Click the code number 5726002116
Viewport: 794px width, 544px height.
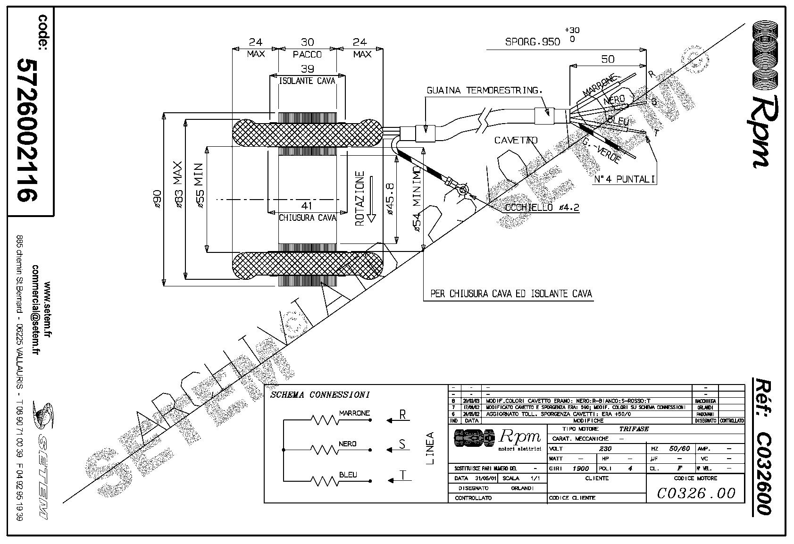click(27, 130)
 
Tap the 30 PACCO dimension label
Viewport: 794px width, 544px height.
click(307, 48)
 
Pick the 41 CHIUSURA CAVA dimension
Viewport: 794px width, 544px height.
click(307, 211)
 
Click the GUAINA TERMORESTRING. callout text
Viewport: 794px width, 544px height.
click(484, 90)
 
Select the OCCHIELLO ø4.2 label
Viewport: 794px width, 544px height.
click(541, 208)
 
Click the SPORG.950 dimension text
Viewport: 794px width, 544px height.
click(533, 42)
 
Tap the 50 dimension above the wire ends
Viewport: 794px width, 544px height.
click(608, 59)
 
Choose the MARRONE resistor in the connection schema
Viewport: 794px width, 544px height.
click(325, 419)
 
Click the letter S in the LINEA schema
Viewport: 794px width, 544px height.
click(402, 444)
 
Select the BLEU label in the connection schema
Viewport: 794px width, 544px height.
click(348, 475)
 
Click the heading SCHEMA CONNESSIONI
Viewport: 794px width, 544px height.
click(320, 394)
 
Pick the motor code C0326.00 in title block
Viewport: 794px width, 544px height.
click(696, 493)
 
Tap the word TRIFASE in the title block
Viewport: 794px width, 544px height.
click(634, 429)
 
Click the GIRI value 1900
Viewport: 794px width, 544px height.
click(580, 469)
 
